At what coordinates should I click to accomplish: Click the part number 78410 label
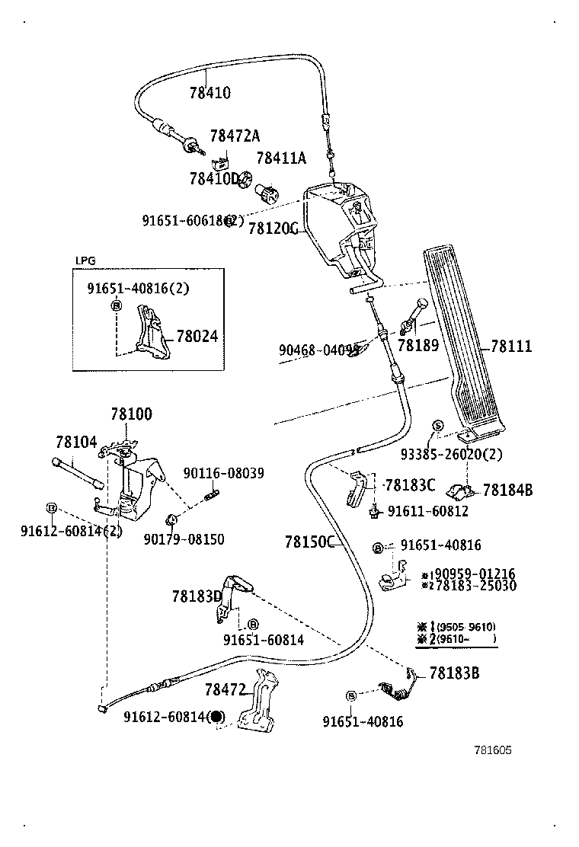[210, 93]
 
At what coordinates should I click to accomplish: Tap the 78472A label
[235, 136]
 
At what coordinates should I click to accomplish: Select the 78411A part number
[280, 158]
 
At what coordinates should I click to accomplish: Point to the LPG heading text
[85, 260]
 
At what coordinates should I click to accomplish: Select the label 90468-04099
[318, 350]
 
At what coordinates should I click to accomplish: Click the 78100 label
[131, 415]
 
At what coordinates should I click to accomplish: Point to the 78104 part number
[76, 443]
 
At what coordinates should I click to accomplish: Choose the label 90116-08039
[223, 473]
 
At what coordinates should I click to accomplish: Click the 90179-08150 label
[184, 539]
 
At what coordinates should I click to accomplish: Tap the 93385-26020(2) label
[451, 455]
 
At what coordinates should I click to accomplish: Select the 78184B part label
[507, 490]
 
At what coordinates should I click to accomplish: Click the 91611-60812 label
[427, 511]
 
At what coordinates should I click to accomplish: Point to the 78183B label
[454, 673]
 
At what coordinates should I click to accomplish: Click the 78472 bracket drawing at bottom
[259, 705]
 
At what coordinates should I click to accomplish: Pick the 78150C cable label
[310, 542]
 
